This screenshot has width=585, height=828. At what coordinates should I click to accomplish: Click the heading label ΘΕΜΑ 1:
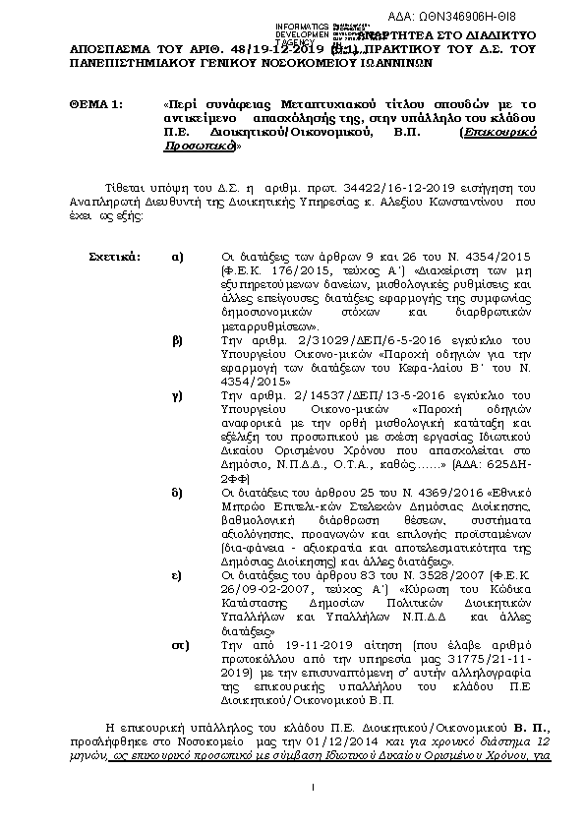(95, 103)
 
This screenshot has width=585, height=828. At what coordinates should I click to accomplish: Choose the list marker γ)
(177, 393)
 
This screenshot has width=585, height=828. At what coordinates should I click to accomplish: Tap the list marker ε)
(177, 571)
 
